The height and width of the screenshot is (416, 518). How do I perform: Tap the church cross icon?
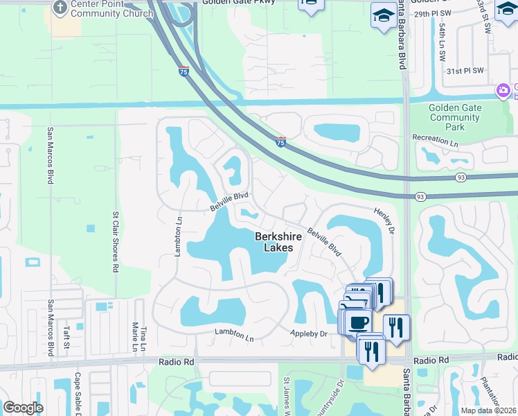(x=60, y=6)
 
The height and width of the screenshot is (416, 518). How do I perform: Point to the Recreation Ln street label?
(x=436, y=139)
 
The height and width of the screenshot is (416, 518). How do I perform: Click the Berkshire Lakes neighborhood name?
(x=278, y=241)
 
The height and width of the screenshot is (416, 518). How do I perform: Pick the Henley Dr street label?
(x=384, y=220)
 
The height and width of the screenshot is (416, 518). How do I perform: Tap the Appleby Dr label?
(x=308, y=334)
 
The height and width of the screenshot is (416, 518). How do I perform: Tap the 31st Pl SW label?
(x=464, y=71)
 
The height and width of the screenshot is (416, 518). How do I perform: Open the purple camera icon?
(x=503, y=91)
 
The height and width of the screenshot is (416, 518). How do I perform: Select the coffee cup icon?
(x=359, y=323)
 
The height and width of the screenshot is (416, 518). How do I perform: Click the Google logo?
(x=23, y=408)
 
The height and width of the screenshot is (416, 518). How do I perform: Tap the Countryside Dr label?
(x=340, y=395)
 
